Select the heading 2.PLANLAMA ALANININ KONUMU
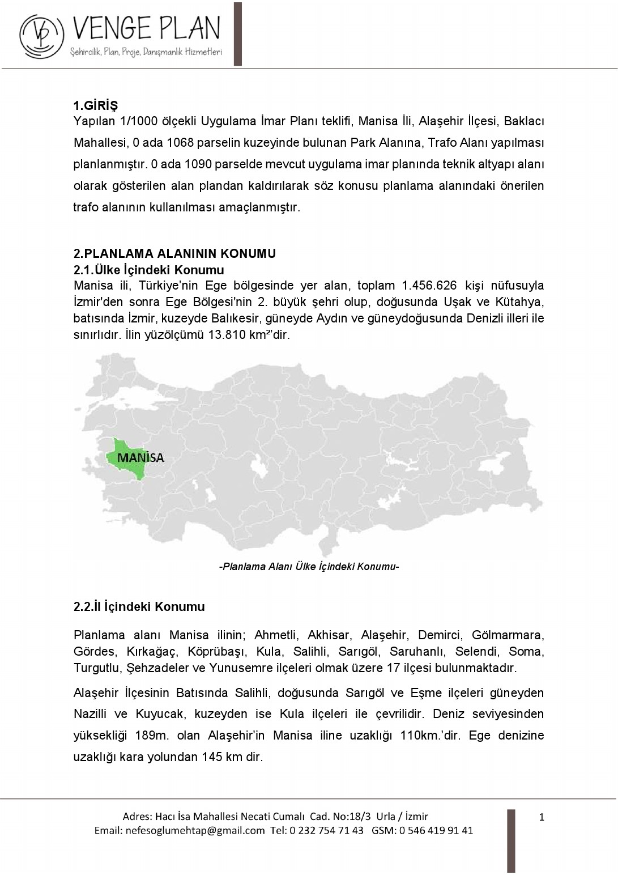(x=174, y=253)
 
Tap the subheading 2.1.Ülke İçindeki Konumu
(x=149, y=270)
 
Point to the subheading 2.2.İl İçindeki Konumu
(x=139, y=606)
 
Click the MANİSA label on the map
(x=140, y=457)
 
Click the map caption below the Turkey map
(x=309, y=566)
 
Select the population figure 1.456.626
(x=429, y=286)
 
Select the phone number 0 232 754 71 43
(x=326, y=830)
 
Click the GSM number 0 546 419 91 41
(x=436, y=830)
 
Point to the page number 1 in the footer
(x=542, y=817)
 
